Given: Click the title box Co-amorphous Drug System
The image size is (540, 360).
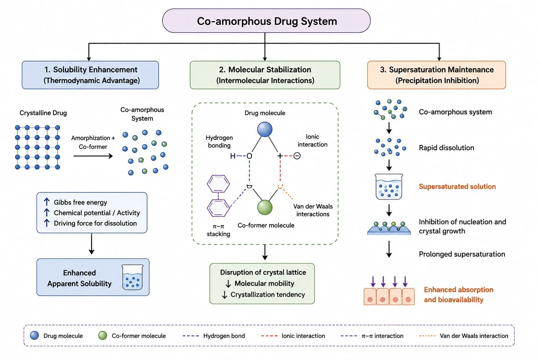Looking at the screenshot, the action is [x=266, y=21].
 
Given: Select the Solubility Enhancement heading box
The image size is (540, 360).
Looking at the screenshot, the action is [x=90, y=75].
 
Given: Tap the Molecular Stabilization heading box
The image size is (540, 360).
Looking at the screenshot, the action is [x=265, y=75].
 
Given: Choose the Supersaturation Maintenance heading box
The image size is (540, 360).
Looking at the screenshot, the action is [x=437, y=75].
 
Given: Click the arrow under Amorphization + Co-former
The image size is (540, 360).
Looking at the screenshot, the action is [x=93, y=156].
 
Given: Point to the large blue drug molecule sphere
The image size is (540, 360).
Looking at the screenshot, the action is [x=265, y=129].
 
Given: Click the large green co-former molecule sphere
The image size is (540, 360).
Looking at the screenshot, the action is [x=265, y=207].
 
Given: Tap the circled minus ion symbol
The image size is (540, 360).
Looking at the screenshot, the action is [x=297, y=156].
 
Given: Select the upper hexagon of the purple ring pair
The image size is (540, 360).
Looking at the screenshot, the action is [x=218, y=184].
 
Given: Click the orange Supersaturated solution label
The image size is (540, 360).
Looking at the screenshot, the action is [x=457, y=186].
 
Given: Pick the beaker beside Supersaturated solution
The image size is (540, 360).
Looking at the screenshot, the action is [x=389, y=187].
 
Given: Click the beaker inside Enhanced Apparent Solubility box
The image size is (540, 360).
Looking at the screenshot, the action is [x=132, y=277].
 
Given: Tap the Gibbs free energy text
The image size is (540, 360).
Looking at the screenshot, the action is [x=80, y=202].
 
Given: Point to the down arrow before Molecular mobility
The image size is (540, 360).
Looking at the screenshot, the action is [x=228, y=284].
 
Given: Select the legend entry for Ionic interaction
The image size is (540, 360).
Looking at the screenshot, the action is [x=293, y=336].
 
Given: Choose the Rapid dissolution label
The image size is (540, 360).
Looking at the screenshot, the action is [x=446, y=148].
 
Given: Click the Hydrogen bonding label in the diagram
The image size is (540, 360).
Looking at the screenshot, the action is [x=219, y=142].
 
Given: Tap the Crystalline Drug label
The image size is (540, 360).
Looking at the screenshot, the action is [x=43, y=113].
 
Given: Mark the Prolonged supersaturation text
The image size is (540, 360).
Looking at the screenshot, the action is [x=462, y=254].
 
